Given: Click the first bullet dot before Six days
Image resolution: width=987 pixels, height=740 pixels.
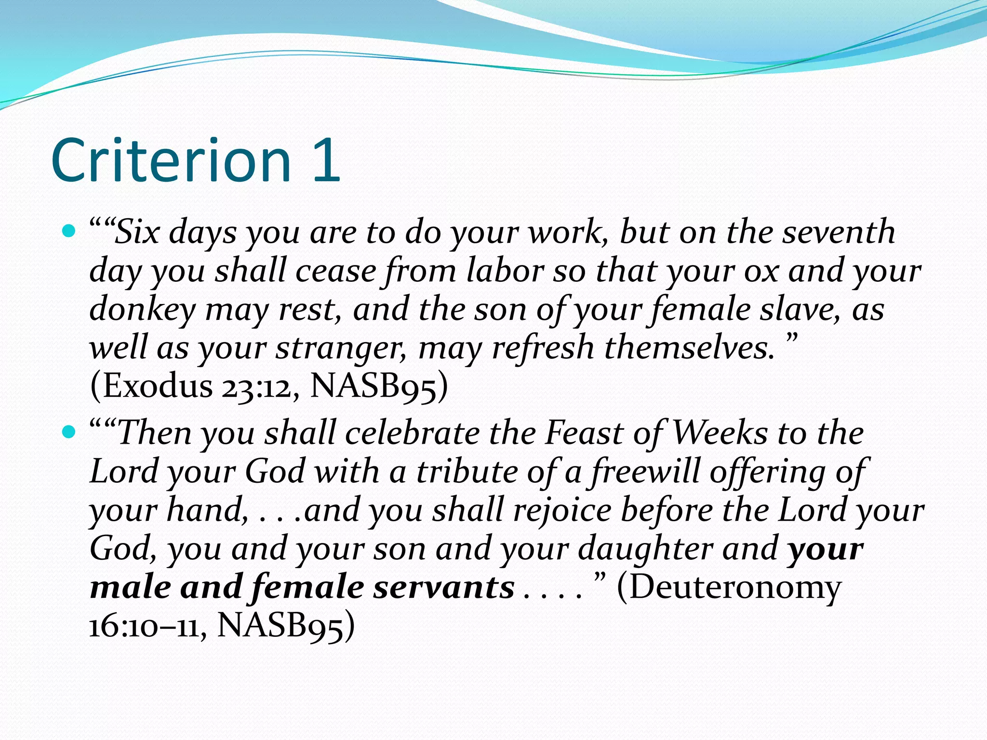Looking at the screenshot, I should coord(69,232).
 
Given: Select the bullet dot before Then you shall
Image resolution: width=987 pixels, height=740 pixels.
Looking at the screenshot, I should coord(69,432).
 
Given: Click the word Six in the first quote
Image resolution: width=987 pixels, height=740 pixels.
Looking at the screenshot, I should coord(137,232).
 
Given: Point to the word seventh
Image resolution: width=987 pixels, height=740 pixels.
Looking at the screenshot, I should coord(839,232).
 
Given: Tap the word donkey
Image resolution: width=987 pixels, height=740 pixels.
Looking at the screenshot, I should coord(143,310).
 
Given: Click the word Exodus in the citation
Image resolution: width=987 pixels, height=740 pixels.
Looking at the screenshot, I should coord(157,386).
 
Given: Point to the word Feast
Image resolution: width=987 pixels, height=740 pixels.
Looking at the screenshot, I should coord(584,433).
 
